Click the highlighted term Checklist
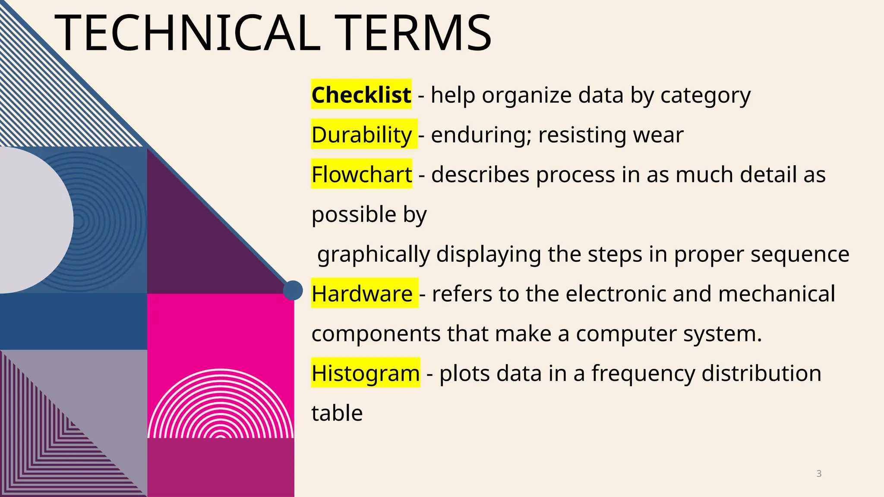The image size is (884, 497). pyautogui.click(x=361, y=94)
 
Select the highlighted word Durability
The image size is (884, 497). pyautogui.click(x=362, y=135)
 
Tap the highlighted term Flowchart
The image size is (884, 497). pyautogui.click(x=362, y=175)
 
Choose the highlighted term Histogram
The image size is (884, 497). pyautogui.click(x=366, y=373)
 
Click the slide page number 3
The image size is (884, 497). pyautogui.click(x=819, y=474)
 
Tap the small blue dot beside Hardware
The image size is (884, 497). pyautogui.click(x=293, y=290)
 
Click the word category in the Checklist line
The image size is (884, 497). pyautogui.click(x=705, y=95)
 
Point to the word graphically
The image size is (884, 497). pyautogui.click(x=373, y=255)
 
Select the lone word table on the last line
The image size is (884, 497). pyautogui.click(x=337, y=413)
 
